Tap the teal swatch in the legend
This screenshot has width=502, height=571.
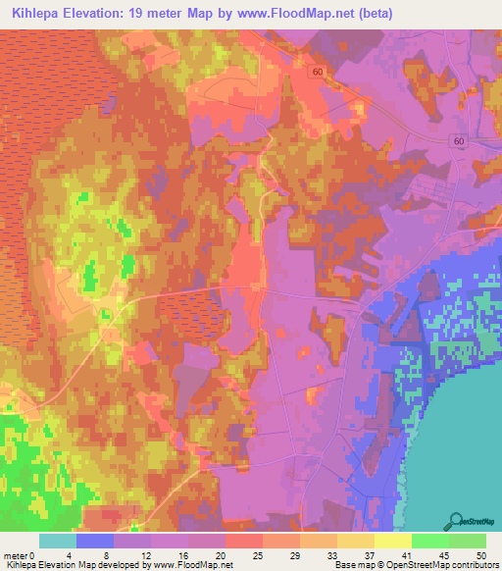(x=58, y=541)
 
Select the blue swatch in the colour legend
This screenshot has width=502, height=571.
(x=95, y=541)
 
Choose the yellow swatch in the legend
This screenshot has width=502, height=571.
(x=393, y=541)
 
